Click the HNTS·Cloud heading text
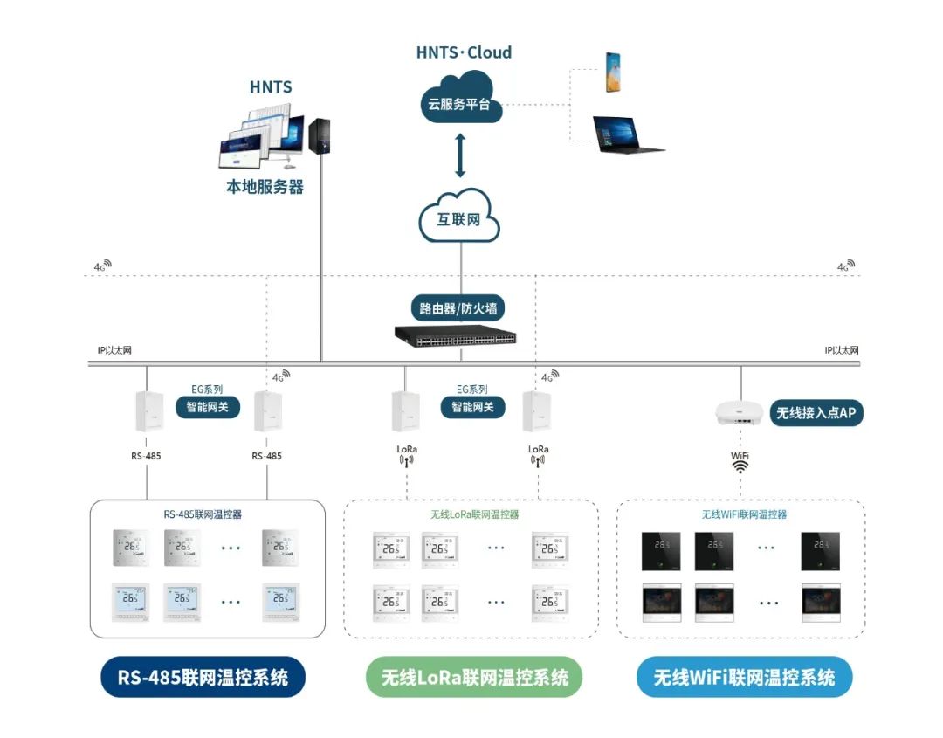point(464,52)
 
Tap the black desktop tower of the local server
point(320,134)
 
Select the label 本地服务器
point(265,187)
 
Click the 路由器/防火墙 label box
point(458,307)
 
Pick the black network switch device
point(455,335)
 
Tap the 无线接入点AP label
point(816,413)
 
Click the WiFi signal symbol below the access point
point(740,466)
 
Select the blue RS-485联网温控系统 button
point(203,677)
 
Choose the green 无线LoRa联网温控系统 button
point(474,677)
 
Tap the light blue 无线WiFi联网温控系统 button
point(744,677)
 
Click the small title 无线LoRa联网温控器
point(474,514)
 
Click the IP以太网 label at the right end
point(841,350)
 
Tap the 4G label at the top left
point(102,265)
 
